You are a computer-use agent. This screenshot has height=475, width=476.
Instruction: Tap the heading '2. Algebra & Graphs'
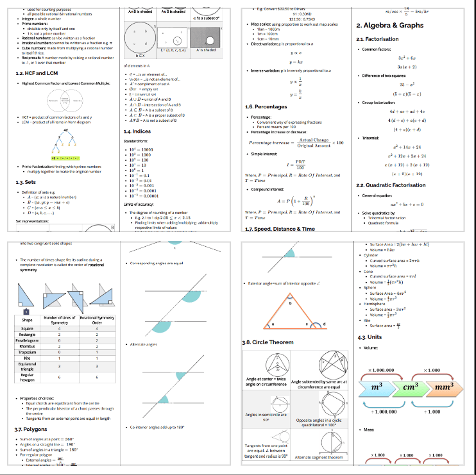389,26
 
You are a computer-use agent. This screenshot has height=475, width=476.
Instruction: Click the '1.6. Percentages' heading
266,106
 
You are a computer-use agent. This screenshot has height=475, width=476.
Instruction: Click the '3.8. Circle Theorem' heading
268,342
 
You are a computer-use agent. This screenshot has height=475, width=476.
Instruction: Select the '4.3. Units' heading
370,337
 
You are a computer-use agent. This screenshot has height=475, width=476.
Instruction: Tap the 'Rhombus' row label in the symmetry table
27,346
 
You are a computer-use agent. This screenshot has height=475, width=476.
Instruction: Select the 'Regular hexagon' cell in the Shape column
27,378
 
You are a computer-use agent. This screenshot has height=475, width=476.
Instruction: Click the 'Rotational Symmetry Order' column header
97,320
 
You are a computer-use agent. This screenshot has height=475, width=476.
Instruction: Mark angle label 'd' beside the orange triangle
323,326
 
